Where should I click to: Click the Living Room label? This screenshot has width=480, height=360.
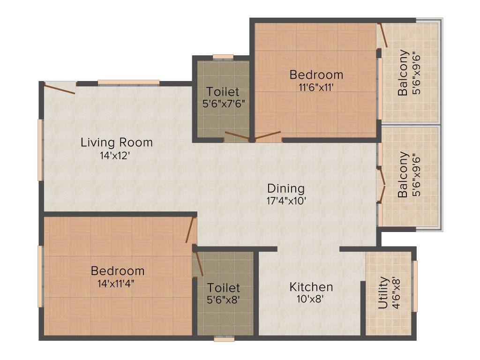tap(117, 142)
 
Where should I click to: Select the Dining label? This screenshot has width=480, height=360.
tap(286, 188)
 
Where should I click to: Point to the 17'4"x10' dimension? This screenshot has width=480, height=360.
tap(286, 202)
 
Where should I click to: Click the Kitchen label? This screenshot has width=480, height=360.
tap(311, 287)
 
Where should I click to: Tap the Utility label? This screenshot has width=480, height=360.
tap(383, 293)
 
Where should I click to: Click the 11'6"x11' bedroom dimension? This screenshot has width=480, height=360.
tap(316, 87)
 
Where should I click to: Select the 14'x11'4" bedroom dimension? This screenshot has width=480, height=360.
tap(118, 283)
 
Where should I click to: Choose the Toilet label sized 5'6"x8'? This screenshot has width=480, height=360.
tap(224, 287)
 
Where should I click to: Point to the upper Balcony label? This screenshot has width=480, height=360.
tap(403, 73)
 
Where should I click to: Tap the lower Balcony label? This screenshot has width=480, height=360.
tap(403, 174)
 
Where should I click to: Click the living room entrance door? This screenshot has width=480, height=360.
tap(60, 88)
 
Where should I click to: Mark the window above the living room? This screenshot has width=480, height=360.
tap(128, 83)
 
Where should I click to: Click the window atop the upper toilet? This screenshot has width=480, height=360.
tap(223, 57)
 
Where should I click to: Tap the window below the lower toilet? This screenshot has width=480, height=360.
tap(224, 338)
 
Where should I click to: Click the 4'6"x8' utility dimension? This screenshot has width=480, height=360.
tap(397, 293)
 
